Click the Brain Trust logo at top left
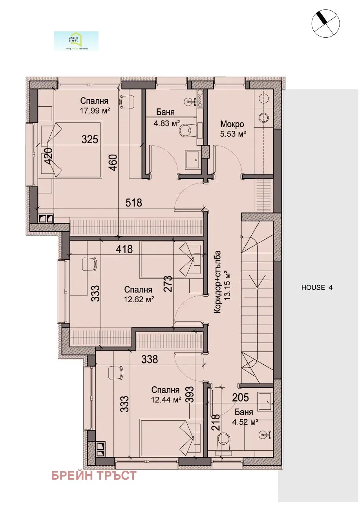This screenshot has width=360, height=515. point(76,41)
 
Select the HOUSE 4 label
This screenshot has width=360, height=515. point(316,287)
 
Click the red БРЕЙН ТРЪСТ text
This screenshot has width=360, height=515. point(94,476)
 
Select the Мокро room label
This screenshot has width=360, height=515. point(232,124)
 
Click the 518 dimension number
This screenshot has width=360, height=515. point(133,203)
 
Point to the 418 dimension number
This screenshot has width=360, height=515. point(124,249)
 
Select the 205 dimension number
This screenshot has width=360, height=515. point(240,397)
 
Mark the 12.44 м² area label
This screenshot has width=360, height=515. point(166,400)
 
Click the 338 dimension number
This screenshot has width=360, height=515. point(149,359)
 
